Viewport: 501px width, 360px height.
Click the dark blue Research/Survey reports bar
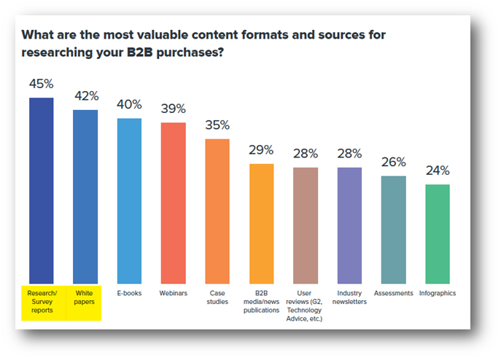(x=41, y=189)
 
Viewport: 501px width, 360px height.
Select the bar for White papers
(x=85, y=196)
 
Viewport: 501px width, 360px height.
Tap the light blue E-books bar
(x=129, y=200)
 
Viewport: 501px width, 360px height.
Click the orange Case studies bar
(x=217, y=211)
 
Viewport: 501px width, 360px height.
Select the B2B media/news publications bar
(x=261, y=223)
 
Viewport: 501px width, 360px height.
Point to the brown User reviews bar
(x=306, y=225)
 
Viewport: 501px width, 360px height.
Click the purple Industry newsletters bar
(x=349, y=225)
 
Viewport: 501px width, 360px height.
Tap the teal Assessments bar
(x=394, y=230)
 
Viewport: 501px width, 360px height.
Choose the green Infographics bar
(x=438, y=234)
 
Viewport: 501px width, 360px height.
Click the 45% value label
(x=41, y=85)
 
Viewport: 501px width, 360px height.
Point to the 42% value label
(x=86, y=96)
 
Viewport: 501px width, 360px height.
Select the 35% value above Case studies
(x=217, y=125)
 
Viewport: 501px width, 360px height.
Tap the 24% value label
(x=438, y=171)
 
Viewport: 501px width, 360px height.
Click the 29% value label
(x=261, y=150)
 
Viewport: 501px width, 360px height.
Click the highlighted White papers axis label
(x=85, y=297)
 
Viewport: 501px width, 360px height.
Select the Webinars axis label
(x=174, y=293)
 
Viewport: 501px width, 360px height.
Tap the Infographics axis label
(x=438, y=293)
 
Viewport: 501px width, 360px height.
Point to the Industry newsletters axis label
(x=349, y=297)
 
